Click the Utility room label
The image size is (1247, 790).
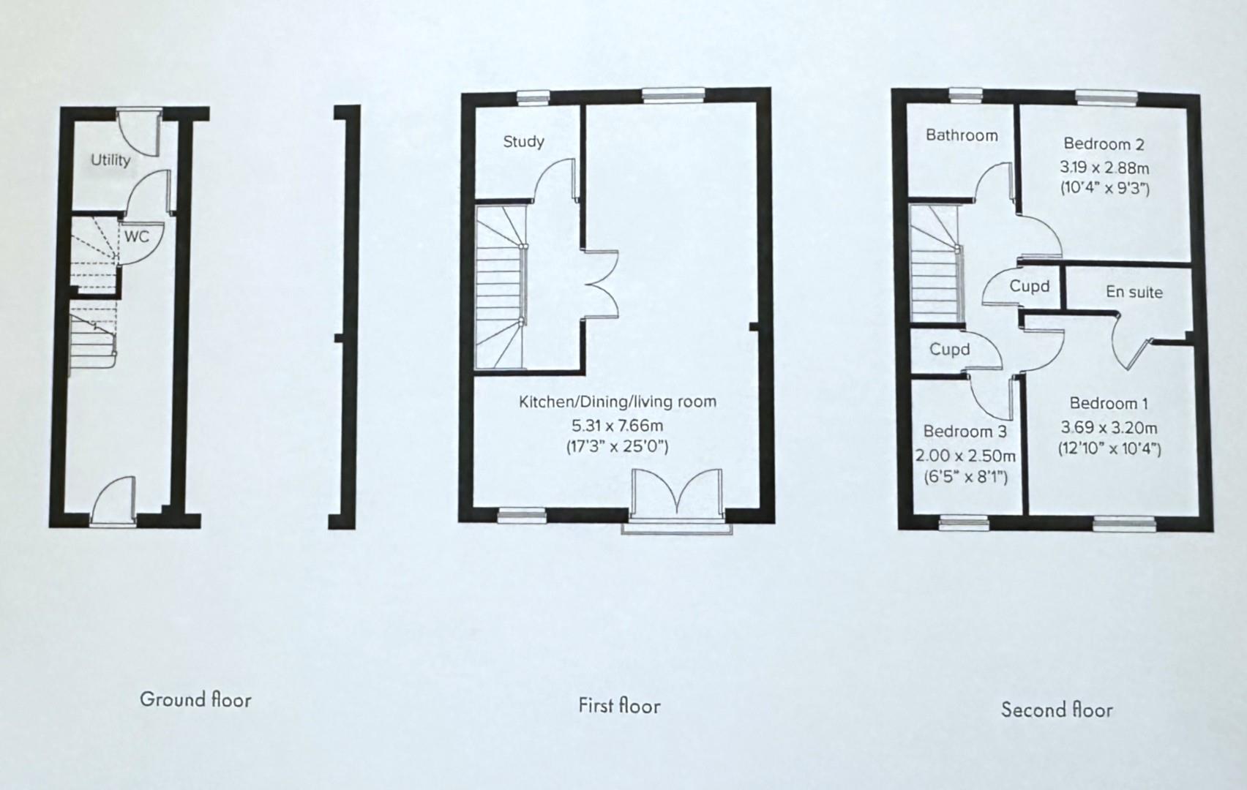point(111,159)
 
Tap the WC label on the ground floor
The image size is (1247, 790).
point(136,236)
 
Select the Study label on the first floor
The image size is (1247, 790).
point(523,141)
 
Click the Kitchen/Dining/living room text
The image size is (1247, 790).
point(617,402)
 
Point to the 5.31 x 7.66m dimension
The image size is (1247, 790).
point(617,425)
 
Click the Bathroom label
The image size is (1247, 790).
point(961,135)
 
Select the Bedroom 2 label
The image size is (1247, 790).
point(1104,144)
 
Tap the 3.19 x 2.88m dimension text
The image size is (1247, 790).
point(1104,168)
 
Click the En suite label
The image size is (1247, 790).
point(1134,292)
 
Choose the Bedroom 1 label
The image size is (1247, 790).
point(1108,403)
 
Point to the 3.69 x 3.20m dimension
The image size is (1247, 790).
point(1109,427)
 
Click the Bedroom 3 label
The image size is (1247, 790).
point(965,432)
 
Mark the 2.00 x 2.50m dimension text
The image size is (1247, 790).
point(965,456)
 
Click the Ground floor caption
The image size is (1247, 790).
point(195,699)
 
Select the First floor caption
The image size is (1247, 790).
point(619,706)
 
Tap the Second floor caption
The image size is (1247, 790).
point(1056,710)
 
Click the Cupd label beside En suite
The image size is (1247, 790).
point(1029,286)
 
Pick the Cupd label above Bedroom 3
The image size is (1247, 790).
point(949,350)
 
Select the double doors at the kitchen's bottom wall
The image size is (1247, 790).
point(678,496)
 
